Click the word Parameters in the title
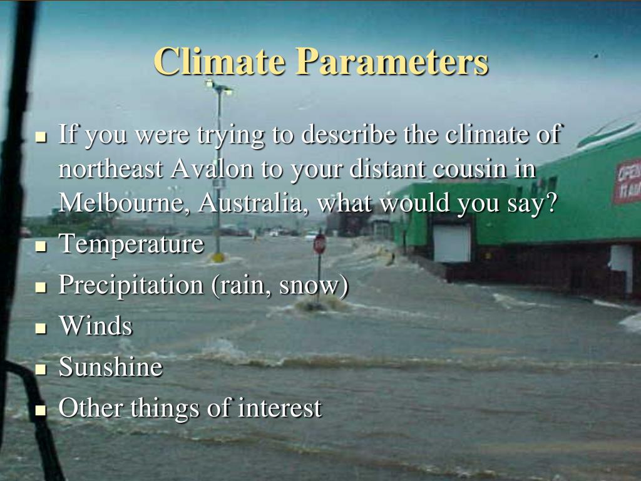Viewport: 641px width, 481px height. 392,61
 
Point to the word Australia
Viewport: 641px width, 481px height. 255,203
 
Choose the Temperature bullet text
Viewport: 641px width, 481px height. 131,244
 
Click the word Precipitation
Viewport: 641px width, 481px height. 130,286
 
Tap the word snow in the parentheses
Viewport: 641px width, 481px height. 311,286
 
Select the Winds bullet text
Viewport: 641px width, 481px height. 95,326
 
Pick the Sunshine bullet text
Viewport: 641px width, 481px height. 110,367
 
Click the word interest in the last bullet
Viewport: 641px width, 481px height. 279,408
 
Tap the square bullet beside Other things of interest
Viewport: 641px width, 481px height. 41,410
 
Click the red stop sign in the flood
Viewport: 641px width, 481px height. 319,244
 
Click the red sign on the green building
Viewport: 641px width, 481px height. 627,180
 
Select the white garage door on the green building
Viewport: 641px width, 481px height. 451,243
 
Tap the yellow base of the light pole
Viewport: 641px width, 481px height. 218,257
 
